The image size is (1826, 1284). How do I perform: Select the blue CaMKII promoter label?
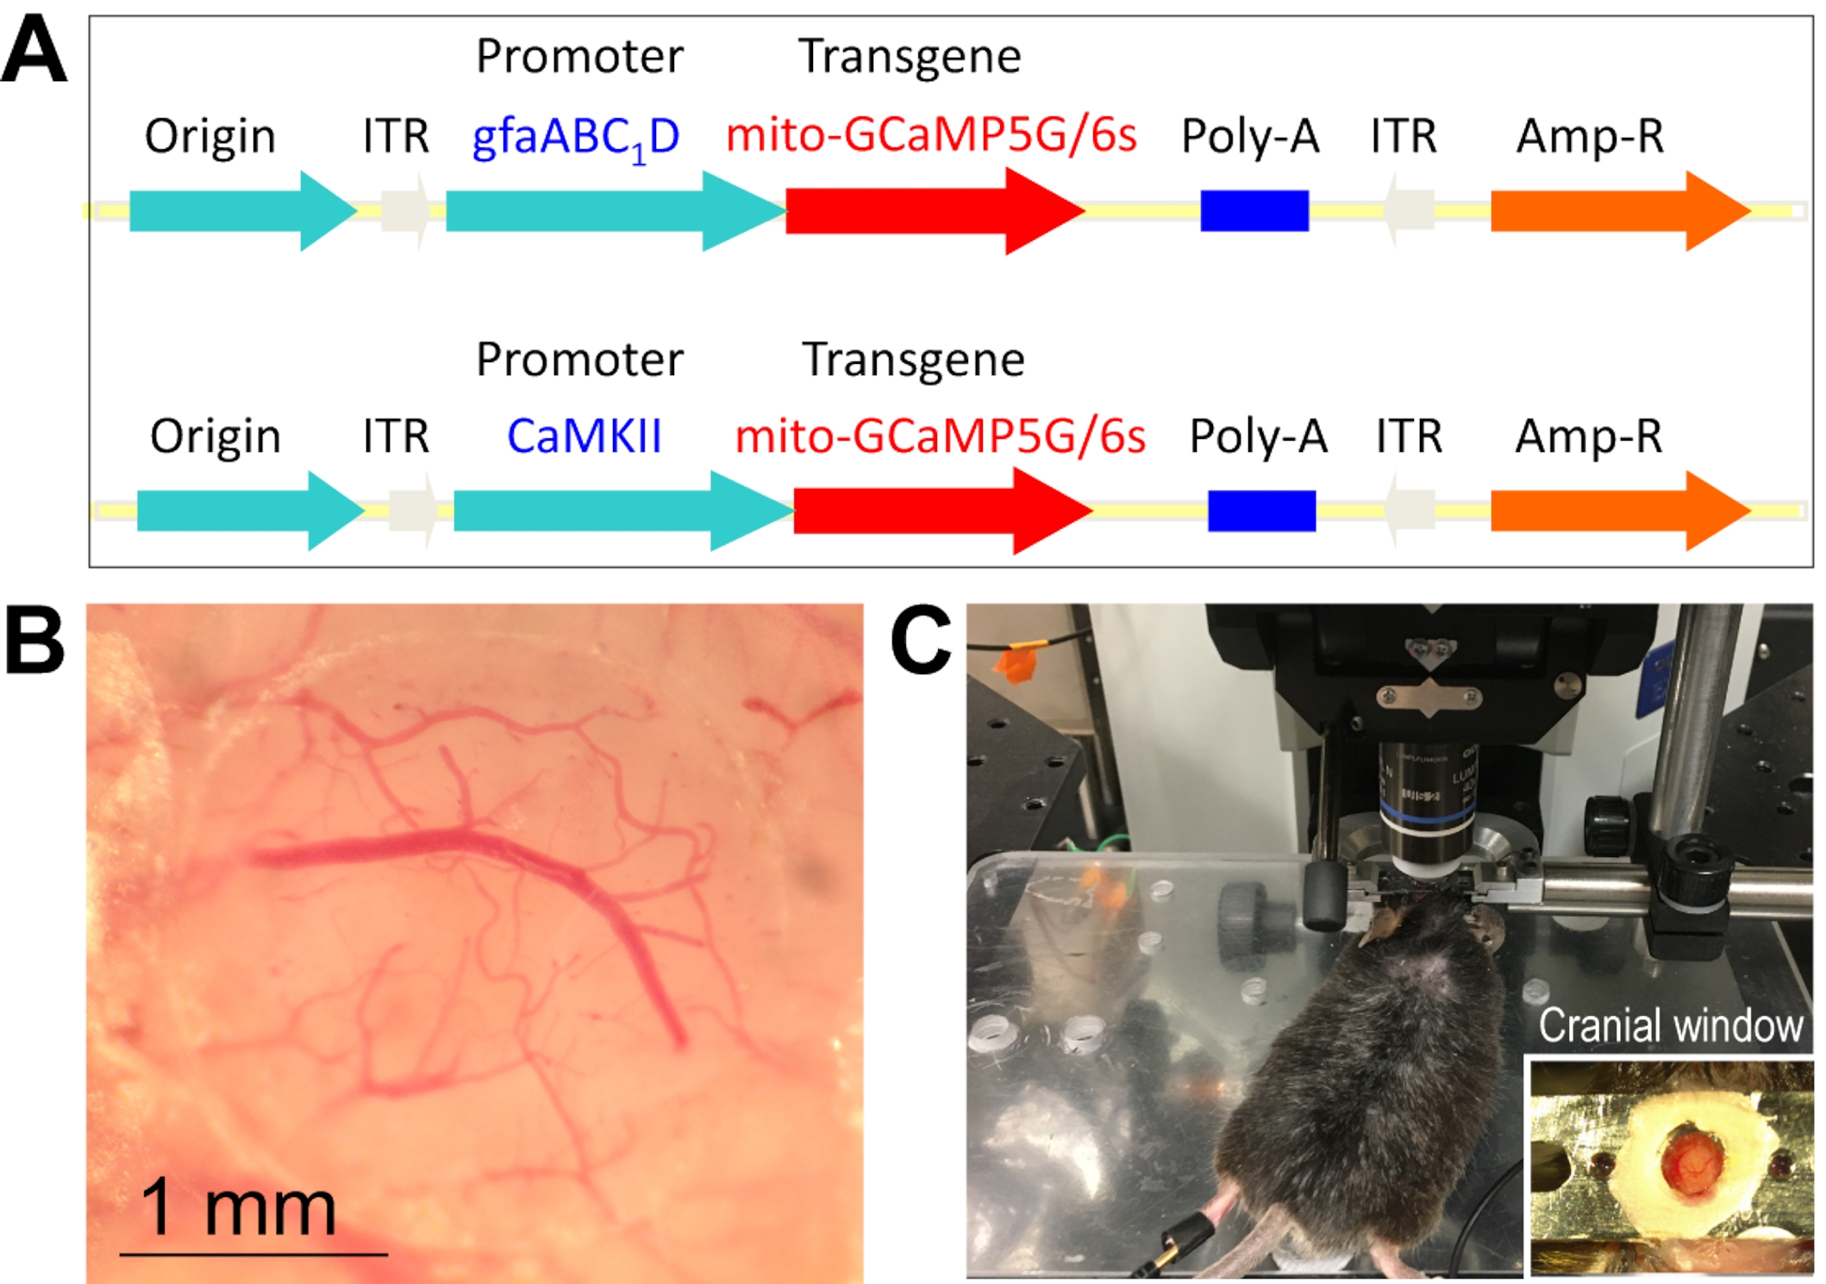[x=584, y=436]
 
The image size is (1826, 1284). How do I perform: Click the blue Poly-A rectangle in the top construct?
[x=1254, y=211]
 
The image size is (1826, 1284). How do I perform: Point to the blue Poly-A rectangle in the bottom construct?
[x=1261, y=510]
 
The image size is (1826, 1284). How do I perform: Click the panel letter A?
[x=34, y=52]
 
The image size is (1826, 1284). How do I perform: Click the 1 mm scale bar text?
[x=238, y=1207]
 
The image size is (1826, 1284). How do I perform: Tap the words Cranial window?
[x=1670, y=1026]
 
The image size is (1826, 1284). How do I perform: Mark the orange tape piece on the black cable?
[x=1016, y=665]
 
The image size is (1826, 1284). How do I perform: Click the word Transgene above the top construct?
[x=910, y=57]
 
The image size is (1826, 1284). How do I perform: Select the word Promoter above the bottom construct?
[x=579, y=360]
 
